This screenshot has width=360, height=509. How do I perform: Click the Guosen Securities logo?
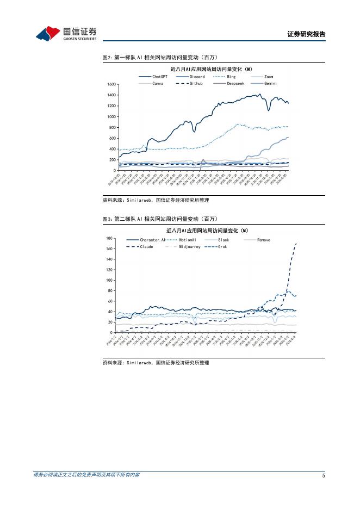pos(66,34)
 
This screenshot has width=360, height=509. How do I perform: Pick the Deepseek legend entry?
pos(235,83)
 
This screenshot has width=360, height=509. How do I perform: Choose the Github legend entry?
pos(196,83)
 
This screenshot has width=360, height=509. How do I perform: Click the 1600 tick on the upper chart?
pos(111,84)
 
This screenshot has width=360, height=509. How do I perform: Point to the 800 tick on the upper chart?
pos(113,127)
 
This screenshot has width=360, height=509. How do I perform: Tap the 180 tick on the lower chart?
pos(109,239)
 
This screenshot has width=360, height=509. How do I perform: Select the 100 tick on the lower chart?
pos(109,281)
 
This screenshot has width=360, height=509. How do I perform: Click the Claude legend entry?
pos(146,246)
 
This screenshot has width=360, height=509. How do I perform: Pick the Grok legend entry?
pos(222,246)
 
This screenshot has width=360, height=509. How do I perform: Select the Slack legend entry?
pos(224,240)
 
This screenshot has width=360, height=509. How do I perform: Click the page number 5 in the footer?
pos(324,475)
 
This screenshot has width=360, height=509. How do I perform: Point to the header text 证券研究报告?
pos(306,34)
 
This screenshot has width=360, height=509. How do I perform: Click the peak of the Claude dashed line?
pos(296,244)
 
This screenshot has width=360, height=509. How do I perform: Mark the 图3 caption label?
pos(107,219)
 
